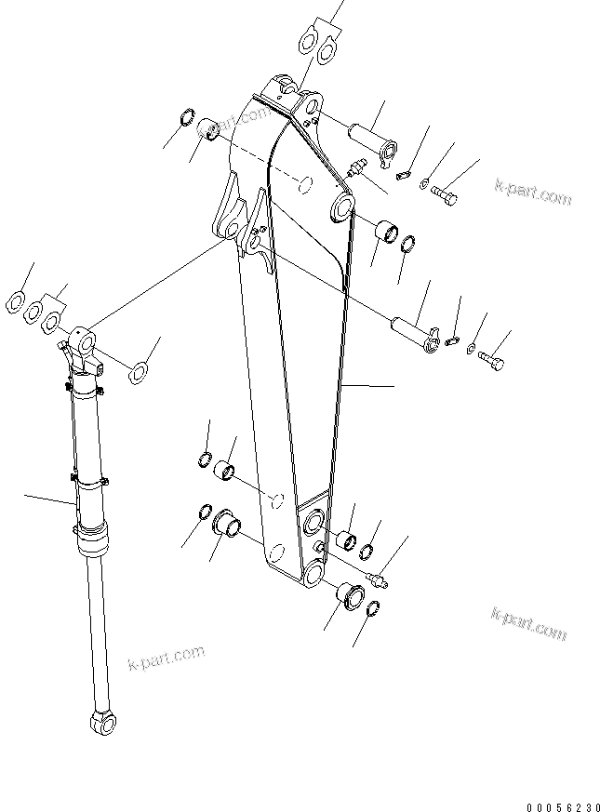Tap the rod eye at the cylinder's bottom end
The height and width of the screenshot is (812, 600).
click(x=100, y=720)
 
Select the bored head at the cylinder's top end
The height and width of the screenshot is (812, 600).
click(x=85, y=344)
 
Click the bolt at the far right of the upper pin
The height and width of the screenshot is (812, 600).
click(x=446, y=195)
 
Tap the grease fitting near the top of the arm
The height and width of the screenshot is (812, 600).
click(x=355, y=169)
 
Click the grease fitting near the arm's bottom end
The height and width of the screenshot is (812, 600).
click(x=378, y=580)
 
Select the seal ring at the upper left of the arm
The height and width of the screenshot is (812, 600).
click(x=186, y=120)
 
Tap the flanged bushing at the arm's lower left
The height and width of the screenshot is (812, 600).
click(x=227, y=525)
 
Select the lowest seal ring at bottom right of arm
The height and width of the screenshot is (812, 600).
click(x=370, y=610)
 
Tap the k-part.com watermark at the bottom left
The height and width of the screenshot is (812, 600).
click(x=166, y=659)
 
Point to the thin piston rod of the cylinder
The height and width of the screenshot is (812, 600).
click(x=95, y=632)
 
